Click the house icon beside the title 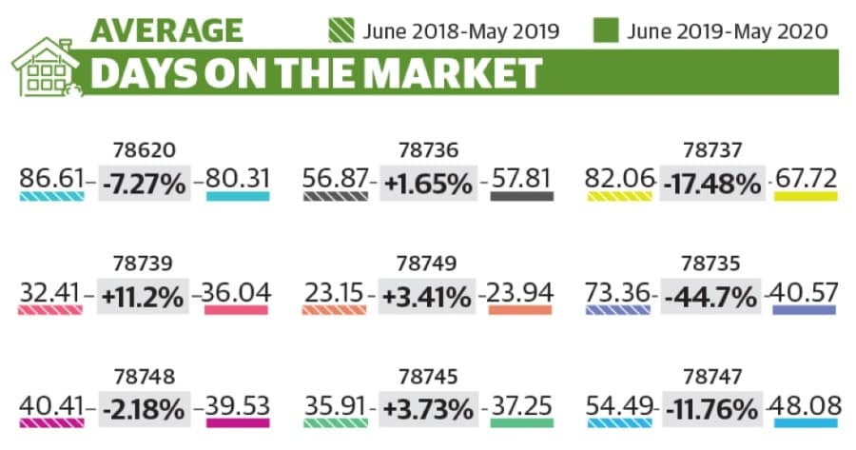46,68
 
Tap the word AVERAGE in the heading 167,30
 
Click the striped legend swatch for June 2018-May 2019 341,30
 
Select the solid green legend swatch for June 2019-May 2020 606,30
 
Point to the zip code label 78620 145,149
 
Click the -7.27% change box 145,183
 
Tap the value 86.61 52,178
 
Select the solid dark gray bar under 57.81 522,196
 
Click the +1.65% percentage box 429,183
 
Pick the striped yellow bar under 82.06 619,196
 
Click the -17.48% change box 712,183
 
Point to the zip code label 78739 143,264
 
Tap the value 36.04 236,292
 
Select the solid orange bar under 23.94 520,310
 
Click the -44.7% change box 710,297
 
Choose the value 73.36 617,292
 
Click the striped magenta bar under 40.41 52,423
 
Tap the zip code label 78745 429,377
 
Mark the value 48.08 805,406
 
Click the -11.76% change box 711,410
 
